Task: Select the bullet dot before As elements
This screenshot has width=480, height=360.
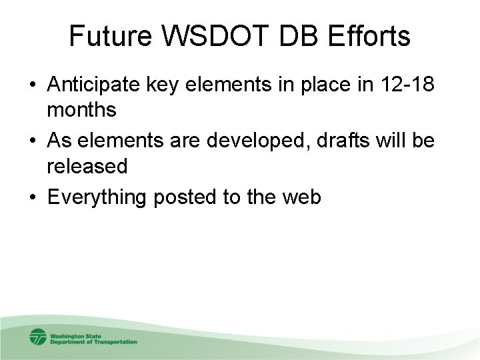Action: pos(32,143)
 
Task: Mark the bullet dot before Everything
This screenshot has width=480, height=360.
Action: pos(32,198)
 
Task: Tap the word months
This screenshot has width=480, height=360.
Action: pos(81,111)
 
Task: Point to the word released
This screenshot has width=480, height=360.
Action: pos(87,166)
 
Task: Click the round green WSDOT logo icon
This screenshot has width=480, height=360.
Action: pos(37,337)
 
